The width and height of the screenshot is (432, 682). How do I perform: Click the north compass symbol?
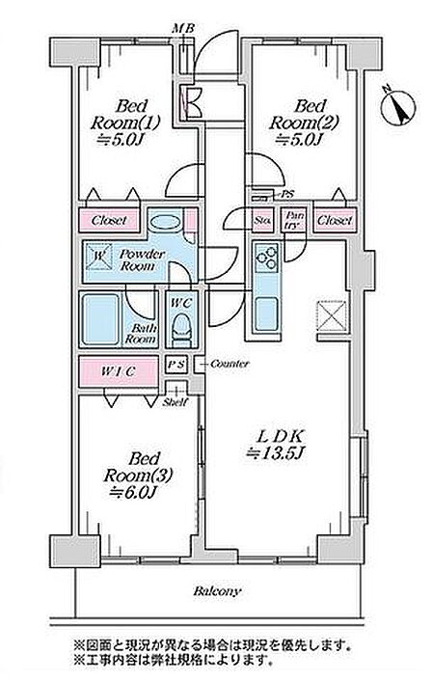click(x=398, y=106)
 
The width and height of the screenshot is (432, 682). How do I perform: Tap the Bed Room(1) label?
click(x=125, y=123)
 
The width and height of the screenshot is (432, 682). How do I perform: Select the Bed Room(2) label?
click(x=303, y=123)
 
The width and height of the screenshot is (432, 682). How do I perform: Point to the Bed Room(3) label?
click(x=138, y=475)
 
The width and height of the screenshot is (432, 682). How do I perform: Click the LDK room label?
click(x=275, y=444)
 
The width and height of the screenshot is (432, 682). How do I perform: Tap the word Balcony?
click(x=216, y=591)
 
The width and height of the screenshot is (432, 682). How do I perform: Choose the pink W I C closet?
click(x=119, y=372)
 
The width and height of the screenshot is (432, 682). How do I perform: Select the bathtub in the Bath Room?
click(x=101, y=319)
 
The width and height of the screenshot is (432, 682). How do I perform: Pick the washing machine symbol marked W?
click(x=99, y=257)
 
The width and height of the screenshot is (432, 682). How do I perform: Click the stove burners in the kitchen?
click(x=266, y=258)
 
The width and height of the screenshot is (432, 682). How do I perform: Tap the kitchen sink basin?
click(x=266, y=314)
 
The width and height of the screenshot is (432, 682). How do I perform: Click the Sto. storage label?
click(x=262, y=221)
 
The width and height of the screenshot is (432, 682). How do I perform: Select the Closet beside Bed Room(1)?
click(x=109, y=221)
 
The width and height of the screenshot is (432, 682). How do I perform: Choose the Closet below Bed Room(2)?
click(x=335, y=221)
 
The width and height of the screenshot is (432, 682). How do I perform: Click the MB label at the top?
click(x=183, y=29)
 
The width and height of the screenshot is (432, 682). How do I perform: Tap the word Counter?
click(x=229, y=364)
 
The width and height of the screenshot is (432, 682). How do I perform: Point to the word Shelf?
click(x=175, y=403)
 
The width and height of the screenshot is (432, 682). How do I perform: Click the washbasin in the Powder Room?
click(x=165, y=222)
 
